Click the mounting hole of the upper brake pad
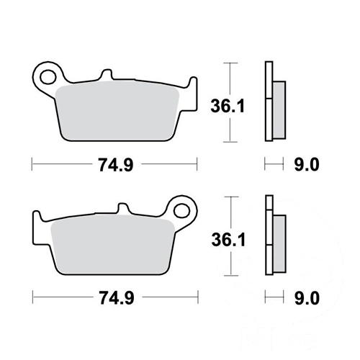pyautogui.click(x=48, y=77)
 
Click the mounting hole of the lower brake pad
pyautogui.click(x=181, y=211)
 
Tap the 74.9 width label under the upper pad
pyautogui.click(x=116, y=165)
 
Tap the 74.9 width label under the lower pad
pyautogui.click(x=117, y=298)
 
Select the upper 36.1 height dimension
pyautogui.click(x=228, y=106)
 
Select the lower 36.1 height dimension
pyautogui.click(x=228, y=240)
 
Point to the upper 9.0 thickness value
pyautogui.click(x=307, y=165)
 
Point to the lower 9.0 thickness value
pyautogui.click(x=307, y=298)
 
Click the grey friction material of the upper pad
pyautogui.click(x=117, y=110)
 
